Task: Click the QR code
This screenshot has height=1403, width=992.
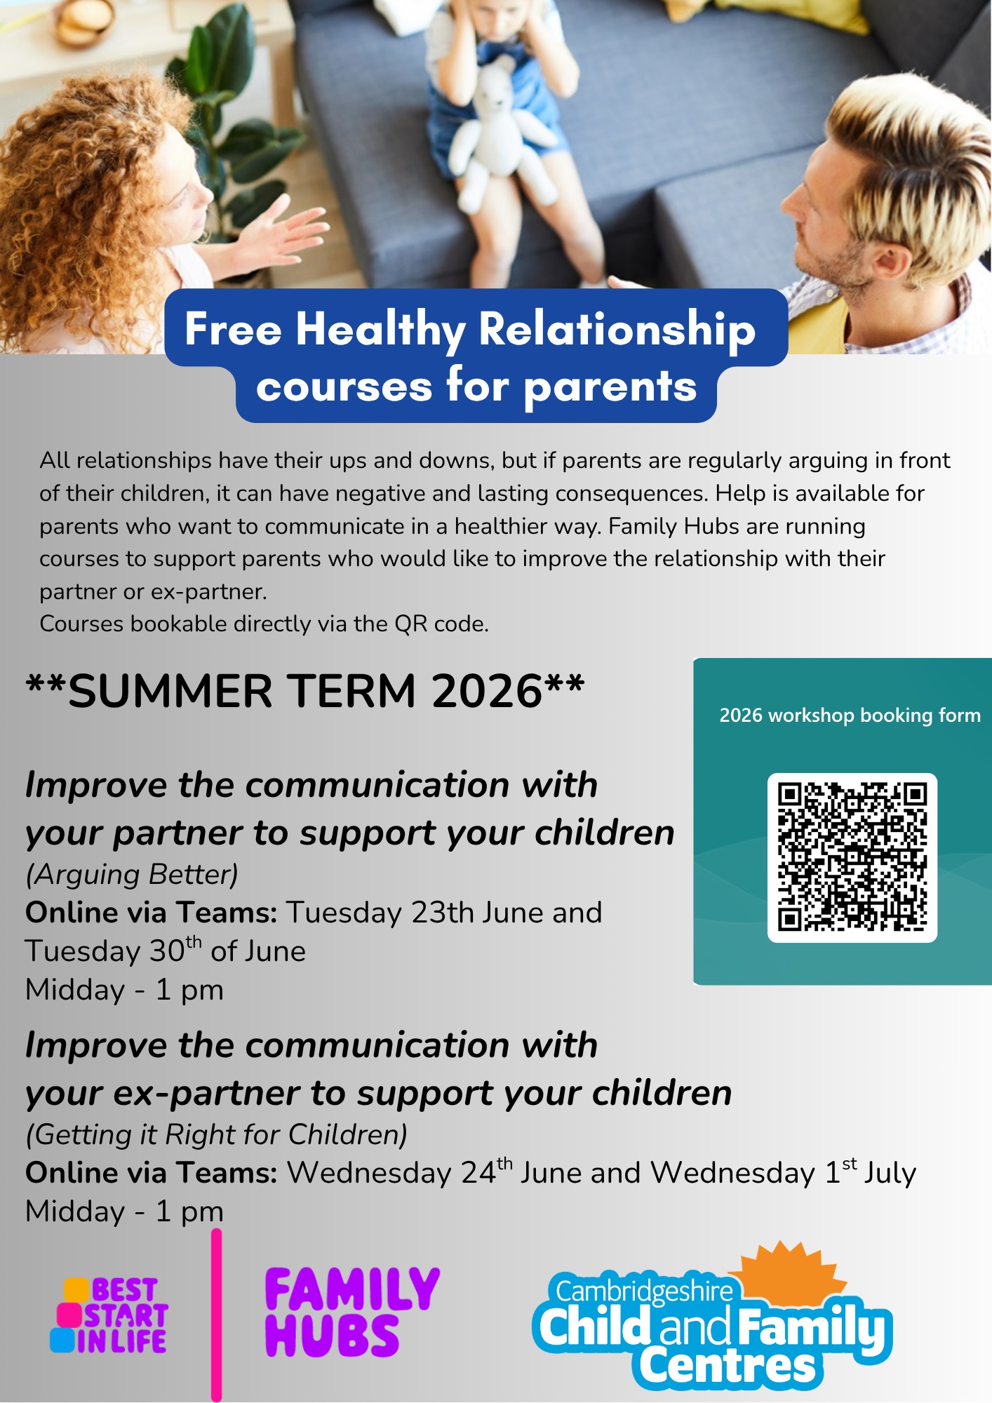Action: click(852, 857)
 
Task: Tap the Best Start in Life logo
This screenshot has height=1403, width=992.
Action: click(109, 1315)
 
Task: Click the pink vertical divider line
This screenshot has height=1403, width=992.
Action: click(217, 1315)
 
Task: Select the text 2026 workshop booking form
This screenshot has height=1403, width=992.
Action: click(850, 715)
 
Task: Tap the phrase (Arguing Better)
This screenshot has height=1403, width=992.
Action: click(132, 875)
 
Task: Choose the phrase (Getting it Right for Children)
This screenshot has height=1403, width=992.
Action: click(217, 1134)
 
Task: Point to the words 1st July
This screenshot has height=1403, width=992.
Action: click(870, 1172)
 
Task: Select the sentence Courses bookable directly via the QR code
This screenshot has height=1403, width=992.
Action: click(264, 624)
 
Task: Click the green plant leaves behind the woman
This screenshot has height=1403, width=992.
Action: click(232, 126)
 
